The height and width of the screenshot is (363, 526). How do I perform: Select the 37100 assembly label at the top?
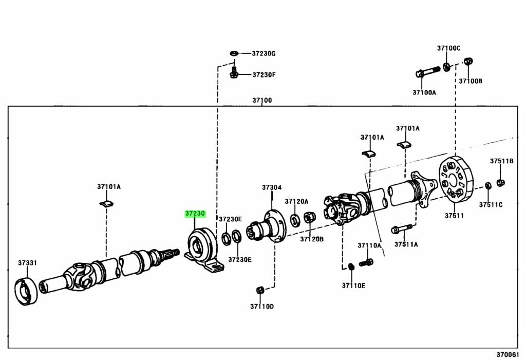click(262, 100)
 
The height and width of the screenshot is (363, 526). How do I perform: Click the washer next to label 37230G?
click(234, 53)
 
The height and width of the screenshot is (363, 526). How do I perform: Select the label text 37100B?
click(471, 81)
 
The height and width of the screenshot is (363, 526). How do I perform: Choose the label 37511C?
click(491, 204)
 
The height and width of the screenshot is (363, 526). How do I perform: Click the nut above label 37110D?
click(260, 290)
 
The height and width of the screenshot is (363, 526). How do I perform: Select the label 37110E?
click(353, 285)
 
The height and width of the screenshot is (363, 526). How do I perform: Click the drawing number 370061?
click(508, 355)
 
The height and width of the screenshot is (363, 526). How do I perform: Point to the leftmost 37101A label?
click(109, 186)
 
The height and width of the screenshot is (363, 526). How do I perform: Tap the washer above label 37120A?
click(296, 220)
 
